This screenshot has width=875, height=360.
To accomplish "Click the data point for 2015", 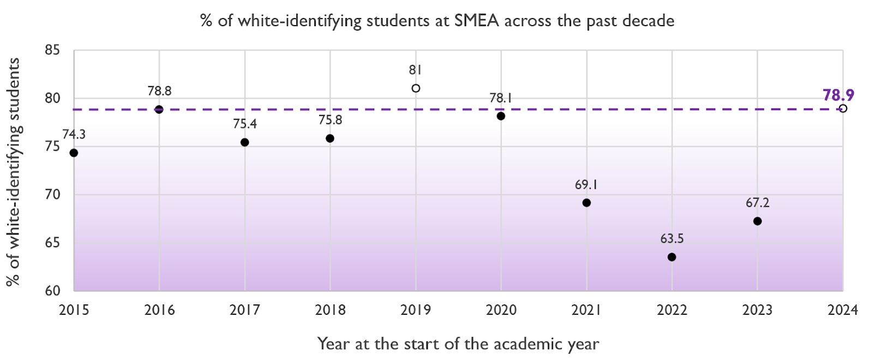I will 74,153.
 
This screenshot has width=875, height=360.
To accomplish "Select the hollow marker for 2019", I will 416,88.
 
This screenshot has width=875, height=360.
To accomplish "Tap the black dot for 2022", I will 672,257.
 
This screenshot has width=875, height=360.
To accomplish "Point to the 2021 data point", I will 586,203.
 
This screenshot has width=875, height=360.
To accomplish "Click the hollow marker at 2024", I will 843,109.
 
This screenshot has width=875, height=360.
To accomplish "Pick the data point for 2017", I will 245,142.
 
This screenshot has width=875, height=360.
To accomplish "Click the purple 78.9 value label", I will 838,95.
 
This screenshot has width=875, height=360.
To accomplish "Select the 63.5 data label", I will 672,239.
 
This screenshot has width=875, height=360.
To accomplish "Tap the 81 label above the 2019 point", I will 416,70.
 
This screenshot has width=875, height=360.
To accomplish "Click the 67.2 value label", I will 757,203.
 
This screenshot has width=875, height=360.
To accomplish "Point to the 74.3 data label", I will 74,135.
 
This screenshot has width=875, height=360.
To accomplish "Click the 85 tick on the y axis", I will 52,51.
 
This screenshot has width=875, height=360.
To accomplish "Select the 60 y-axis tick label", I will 52,291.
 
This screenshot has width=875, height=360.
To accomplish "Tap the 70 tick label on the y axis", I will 52,195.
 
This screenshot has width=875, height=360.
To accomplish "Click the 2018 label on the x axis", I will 330,310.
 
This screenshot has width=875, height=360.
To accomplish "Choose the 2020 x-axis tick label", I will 501,310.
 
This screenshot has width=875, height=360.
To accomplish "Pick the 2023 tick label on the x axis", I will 757,310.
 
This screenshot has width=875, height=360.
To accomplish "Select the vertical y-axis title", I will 13,171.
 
